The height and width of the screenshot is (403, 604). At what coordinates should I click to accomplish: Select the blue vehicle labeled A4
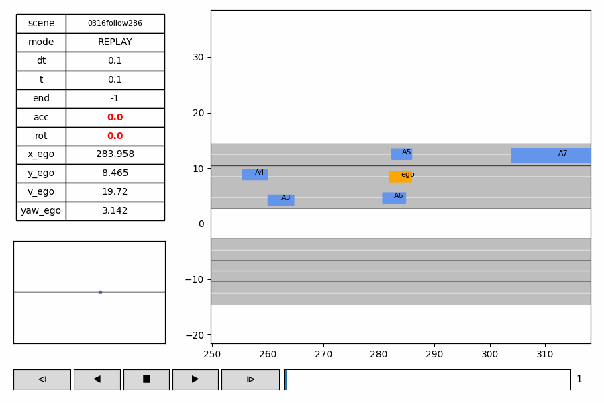pos(254,175)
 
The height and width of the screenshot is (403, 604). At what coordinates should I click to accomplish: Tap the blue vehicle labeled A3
pos(281,200)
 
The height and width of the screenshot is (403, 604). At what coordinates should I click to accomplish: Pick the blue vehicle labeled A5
pos(401,154)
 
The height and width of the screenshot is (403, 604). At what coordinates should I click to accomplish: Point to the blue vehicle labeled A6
pos(394,198)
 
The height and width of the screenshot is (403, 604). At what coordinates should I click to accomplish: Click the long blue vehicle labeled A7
pos(550,155)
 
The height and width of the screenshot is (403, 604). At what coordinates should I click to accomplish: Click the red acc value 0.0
pos(115,118)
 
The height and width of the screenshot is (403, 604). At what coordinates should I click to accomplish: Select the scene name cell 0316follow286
pos(115,24)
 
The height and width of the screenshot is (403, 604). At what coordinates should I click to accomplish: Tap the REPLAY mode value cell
pos(115,42)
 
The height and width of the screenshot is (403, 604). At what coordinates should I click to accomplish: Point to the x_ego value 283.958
pos(115,154)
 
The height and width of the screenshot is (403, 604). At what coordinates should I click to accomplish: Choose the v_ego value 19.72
pos(115,192)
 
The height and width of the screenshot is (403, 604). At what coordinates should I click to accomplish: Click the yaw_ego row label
pos(41,211)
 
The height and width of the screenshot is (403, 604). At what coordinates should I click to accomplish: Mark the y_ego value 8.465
pos(115,173)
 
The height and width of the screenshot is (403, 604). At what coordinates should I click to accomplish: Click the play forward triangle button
pos(195,379)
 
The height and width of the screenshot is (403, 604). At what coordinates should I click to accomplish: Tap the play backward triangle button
pos(97,379)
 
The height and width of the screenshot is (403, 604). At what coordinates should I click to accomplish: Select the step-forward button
pos(250,379)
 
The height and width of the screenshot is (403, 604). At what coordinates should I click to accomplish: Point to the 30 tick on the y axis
pos(198,57)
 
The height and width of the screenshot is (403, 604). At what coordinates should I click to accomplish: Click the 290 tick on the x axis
pos(434,354)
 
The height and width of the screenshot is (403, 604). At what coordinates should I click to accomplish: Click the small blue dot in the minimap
pos(100,292)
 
